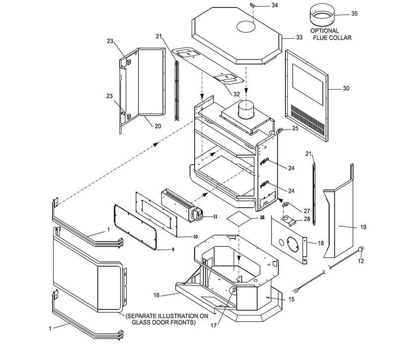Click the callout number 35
tap(354, 13)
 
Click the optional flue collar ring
tap(322, 16)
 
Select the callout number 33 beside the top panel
tap(299, 37)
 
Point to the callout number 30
tap(345, 88)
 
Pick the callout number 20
tap(157, 126)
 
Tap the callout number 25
tap(294, 128)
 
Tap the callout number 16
tap(156, 295)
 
